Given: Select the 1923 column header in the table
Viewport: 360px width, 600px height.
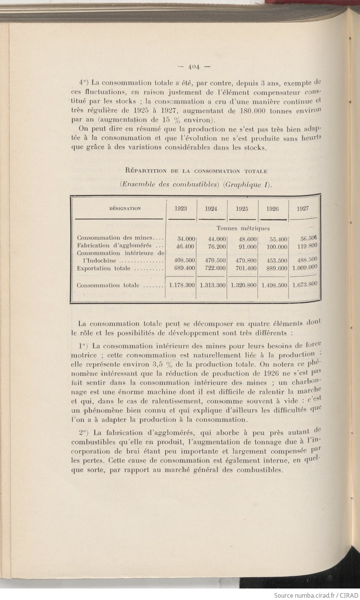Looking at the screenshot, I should [181, 208].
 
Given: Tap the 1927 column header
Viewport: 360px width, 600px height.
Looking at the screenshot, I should [303, 208].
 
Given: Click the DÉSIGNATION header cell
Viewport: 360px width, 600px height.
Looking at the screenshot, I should [125, 209].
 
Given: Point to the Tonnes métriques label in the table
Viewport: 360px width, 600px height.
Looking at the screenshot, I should [243, 228].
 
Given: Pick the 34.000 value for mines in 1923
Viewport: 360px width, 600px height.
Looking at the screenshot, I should [185, 238].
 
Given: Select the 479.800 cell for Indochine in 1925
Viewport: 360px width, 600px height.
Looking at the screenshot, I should [246, 261].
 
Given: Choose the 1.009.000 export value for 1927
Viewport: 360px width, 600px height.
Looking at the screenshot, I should [305, 268].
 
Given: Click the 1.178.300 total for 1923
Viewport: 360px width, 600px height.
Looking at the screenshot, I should [182, 285].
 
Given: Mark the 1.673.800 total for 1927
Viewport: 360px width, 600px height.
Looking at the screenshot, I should [305, 284].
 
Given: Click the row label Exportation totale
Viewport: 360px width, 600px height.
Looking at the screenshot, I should [103, 269].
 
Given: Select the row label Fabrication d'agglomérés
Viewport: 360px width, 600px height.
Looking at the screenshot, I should [115, 246].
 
